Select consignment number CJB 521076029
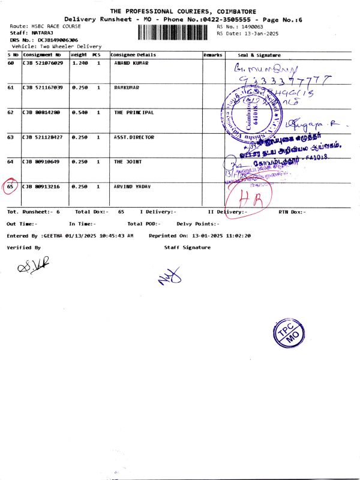43,63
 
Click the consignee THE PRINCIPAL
134,112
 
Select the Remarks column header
213,55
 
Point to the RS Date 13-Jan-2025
256,34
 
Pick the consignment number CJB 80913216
43,187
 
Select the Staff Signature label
187,247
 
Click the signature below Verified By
33,265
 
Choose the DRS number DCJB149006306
58,40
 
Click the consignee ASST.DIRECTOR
134,137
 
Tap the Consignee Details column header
133,55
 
